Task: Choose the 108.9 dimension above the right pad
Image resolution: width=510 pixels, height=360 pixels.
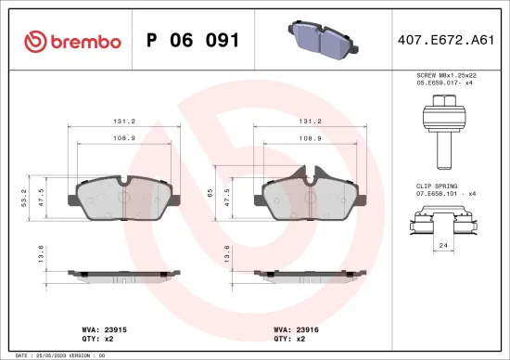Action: coord(312,137)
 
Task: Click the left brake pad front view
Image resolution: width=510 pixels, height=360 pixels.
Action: coord(123,196)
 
